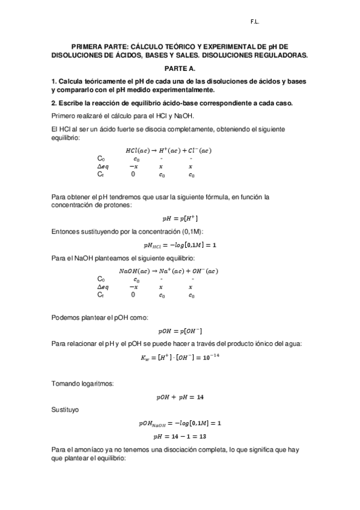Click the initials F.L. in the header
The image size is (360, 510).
(255, 22)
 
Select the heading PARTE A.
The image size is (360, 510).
(180, 69)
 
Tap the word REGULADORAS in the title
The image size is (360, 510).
(277, 55)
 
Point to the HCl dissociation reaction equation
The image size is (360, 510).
(168, 150)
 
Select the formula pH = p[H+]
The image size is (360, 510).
(180, 219)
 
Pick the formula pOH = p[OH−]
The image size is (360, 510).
(180, 331)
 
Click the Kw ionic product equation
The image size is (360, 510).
(180, 358)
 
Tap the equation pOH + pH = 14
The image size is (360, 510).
(180, 398)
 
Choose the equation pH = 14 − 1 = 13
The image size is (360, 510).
(179, 436)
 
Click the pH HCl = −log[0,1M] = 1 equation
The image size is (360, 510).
(180, 245)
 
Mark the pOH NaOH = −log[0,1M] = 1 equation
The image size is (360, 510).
(180, 423)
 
